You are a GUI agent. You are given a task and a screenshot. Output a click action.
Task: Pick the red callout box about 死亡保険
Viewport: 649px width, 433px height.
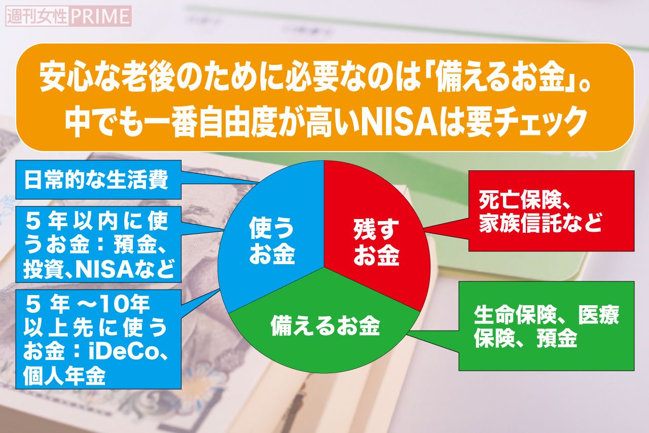(x=551, y=210)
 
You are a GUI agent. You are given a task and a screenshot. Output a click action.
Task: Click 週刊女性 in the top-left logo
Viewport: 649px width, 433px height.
(x=37, y=16)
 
